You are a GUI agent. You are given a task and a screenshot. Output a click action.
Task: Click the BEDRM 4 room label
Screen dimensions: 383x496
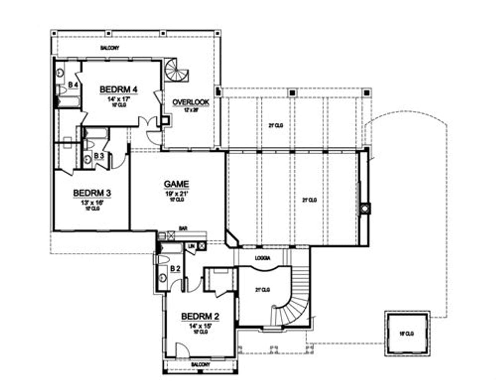point(118,89)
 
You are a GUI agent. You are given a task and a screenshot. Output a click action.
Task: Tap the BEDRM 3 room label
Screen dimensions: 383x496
point(92,193)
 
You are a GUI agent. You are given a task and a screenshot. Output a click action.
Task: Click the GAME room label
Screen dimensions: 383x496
point(176,184)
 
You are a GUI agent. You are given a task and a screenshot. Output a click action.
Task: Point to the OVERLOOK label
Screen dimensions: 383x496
point(191,102)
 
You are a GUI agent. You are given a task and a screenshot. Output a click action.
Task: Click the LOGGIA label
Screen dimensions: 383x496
point(263,259)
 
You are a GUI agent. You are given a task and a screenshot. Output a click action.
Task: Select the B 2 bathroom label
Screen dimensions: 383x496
point(175,269)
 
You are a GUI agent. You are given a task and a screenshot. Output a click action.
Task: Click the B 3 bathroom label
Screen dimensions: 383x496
point(99,155)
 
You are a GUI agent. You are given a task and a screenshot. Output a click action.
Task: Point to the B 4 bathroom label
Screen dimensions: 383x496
point(73,84)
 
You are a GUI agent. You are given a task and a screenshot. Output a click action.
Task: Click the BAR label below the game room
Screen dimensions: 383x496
point(183,228)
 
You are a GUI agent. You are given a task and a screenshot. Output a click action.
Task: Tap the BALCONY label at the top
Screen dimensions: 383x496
point(110,48)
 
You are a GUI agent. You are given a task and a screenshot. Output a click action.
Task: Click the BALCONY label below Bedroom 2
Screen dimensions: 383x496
point(200,364)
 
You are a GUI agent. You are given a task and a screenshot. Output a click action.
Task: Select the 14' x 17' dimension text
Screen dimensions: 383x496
point(119,98)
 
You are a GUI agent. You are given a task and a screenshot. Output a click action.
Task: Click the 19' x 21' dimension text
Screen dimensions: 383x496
point(176,194)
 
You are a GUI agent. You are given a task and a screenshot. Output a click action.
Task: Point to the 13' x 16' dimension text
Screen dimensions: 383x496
point(92,203)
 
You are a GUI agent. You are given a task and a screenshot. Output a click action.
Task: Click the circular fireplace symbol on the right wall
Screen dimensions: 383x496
point(365,209)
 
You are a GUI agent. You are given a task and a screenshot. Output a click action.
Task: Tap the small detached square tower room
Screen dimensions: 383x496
point(407,334)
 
